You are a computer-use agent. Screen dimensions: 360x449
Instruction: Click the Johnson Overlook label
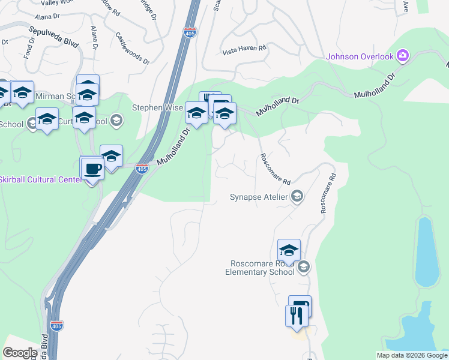(360, 57)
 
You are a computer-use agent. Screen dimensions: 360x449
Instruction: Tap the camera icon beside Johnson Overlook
(402, 56)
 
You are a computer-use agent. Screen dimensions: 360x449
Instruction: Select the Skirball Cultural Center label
(40, 179)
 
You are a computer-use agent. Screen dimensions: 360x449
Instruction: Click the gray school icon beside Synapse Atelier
(297, 196)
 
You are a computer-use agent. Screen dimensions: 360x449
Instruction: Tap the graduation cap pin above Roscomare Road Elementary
(289, 250)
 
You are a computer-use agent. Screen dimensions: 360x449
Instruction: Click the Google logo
(20, 353)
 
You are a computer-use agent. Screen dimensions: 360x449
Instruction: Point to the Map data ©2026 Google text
(411, 355)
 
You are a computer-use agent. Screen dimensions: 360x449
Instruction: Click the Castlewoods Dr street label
(131, 48)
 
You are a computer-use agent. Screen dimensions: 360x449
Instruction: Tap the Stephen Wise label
(156, 107)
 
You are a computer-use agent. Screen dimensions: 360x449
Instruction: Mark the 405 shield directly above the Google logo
(56, 325)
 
